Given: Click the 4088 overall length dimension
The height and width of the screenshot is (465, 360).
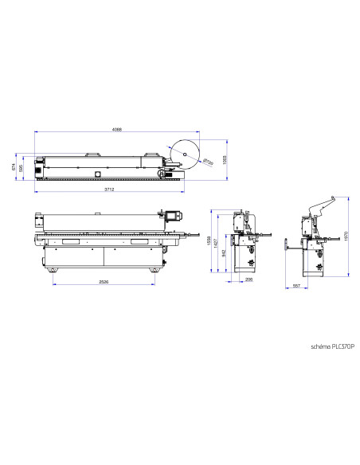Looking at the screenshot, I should [x=118, y=131].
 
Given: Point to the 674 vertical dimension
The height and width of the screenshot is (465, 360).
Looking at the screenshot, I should [x=14, y=167].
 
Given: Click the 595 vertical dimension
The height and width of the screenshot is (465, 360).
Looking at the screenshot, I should [x=22, y=168].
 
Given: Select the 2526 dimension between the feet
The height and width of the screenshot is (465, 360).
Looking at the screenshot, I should [x=104, y=283].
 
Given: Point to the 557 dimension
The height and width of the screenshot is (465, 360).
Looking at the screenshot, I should [x=295, y=285].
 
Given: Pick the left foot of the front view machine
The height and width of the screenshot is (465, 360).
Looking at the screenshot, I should [x=53, y=271].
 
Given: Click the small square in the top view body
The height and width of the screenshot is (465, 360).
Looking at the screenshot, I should [x=98, y=173].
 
